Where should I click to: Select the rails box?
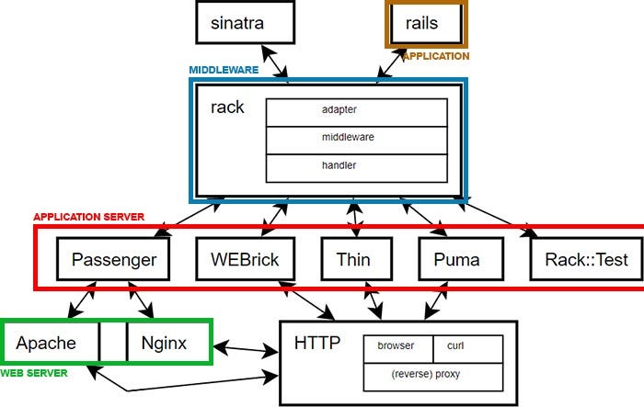point(424,23)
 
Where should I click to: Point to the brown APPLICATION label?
point(435,56)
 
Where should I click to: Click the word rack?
point(227,107)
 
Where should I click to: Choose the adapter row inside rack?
point(356,110)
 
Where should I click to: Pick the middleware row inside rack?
point(356,138)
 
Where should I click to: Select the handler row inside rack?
point(356,166)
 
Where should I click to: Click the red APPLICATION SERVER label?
point(88,217)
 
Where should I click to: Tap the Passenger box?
point(114,259)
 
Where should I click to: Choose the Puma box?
point(456,259)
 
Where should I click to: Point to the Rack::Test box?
point(586,259)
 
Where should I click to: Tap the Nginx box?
point(164,344)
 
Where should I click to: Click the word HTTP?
point(317,344)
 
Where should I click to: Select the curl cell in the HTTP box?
point(467,346)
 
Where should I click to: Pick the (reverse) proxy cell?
point(433,375)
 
